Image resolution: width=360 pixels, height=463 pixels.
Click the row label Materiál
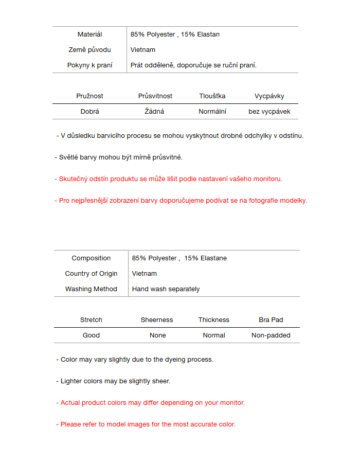[x=89, y=34]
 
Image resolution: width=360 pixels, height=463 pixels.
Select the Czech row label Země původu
[x=89, y=50]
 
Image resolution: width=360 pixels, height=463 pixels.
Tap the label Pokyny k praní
[x=89, y=65]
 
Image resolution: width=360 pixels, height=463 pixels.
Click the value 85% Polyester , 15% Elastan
[x=175, y=34]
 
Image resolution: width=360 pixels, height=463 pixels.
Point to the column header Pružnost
[x=89, y=96]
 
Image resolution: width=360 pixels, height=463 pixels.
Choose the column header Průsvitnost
[x=155, y=96]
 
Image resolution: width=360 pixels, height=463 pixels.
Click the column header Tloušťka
[x=212, y=96]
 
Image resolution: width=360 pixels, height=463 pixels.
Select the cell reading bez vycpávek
[x=269, y=112]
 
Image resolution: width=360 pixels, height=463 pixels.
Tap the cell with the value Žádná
[x=154, y=112]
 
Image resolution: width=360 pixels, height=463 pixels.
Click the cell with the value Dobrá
[x=89, y=112]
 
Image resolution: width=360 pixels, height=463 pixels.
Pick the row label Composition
[x=91, y=258]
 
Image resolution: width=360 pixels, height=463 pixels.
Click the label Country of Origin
[x=91, y=274]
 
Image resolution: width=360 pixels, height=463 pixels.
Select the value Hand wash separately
[x=166, y=289]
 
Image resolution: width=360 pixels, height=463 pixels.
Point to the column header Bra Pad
[x=271, y=320]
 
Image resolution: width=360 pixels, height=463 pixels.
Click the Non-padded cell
[x=271, y=335]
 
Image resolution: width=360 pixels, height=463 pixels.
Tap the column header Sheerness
[x=157, y=320]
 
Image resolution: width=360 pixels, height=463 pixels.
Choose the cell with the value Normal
[x=214, y=335]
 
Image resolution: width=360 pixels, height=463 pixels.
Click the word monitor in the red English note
[x=232, y=403]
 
